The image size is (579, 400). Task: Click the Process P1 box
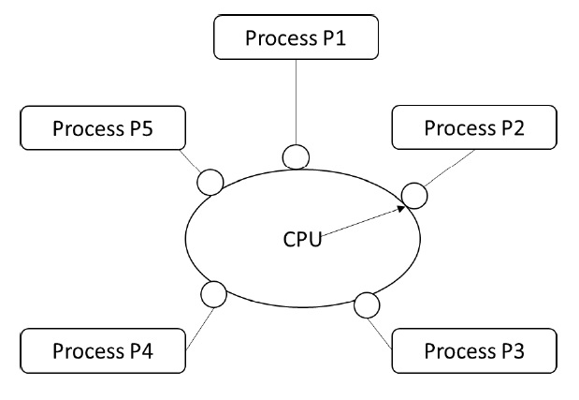click(x=297, y=38)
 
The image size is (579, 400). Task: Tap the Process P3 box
click(x=474, y=351)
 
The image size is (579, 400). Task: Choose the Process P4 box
click(x=103, y=351)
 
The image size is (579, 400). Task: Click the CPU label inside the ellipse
click(x=302, y=239)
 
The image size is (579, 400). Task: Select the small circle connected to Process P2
click(x=414, y=195)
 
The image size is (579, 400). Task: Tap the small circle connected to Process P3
click(x=367, y=304)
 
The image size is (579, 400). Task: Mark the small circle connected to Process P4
click(x=214, y=295)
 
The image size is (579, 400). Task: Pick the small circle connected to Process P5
click(x=210, y=181)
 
